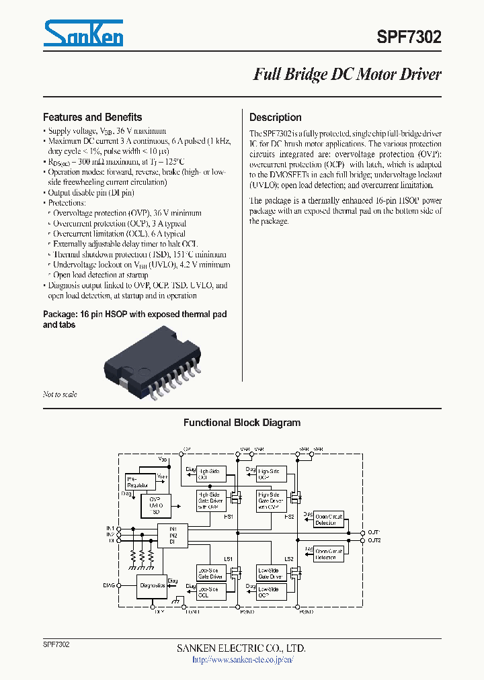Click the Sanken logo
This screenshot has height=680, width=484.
coord(83,33)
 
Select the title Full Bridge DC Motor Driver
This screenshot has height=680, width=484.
coord(347,75)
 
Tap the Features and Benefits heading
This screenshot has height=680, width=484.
coord(92,117)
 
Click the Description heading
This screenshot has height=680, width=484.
coord(275,117)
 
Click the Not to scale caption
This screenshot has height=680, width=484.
coord(60,394)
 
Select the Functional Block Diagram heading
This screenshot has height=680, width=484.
coord(242,423)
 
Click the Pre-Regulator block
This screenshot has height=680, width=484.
coord(139,481)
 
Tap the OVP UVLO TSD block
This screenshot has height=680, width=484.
coord(155,504)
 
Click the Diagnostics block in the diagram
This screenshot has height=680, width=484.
coord(152,585)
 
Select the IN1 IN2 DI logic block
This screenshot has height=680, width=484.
coord(173,535)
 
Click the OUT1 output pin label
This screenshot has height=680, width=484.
coord(374,532)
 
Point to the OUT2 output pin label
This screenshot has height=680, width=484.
coord(374,540)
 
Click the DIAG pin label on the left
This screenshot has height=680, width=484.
coord(109,585)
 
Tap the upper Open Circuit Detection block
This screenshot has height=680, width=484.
coord(329,519)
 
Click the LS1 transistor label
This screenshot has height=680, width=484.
coord(228,559)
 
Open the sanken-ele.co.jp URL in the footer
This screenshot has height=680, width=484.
coord(242,660)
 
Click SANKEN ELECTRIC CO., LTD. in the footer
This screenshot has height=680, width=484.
coord(241,648)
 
